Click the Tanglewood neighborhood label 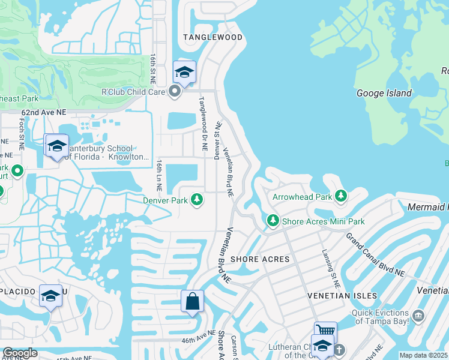213,37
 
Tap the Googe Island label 384,93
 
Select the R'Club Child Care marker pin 175,92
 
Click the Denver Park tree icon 197,199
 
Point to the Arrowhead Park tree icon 341,196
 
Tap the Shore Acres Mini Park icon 273,221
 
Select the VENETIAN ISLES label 342,296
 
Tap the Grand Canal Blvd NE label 376,254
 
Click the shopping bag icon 192,301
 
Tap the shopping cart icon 325,332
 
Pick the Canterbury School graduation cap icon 57,145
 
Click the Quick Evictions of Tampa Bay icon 418,314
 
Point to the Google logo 20,353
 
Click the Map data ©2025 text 424,355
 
